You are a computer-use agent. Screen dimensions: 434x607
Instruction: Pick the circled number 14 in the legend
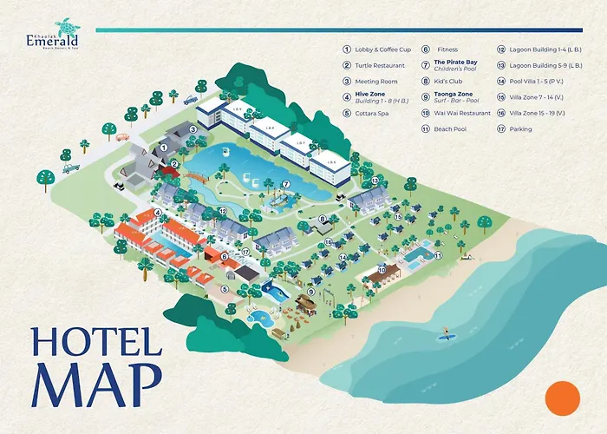coord(502,82)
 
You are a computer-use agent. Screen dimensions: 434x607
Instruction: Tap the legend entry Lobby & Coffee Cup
coord(381,49)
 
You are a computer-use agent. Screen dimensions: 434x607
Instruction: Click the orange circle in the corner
coord(561,398)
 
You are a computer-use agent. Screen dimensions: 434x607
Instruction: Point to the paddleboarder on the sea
coord(447,332)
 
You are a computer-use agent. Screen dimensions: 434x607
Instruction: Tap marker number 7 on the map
coord(285,184)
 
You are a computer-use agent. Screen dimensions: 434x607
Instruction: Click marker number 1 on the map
coord(163,148)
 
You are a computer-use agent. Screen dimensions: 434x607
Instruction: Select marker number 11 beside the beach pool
coord(438,256)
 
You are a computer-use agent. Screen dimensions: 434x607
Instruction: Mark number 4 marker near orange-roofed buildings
coord(158,211)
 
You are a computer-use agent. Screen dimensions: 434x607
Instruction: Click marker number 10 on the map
coord(381,270)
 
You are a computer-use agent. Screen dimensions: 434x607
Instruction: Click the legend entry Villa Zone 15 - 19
coord(538,113)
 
